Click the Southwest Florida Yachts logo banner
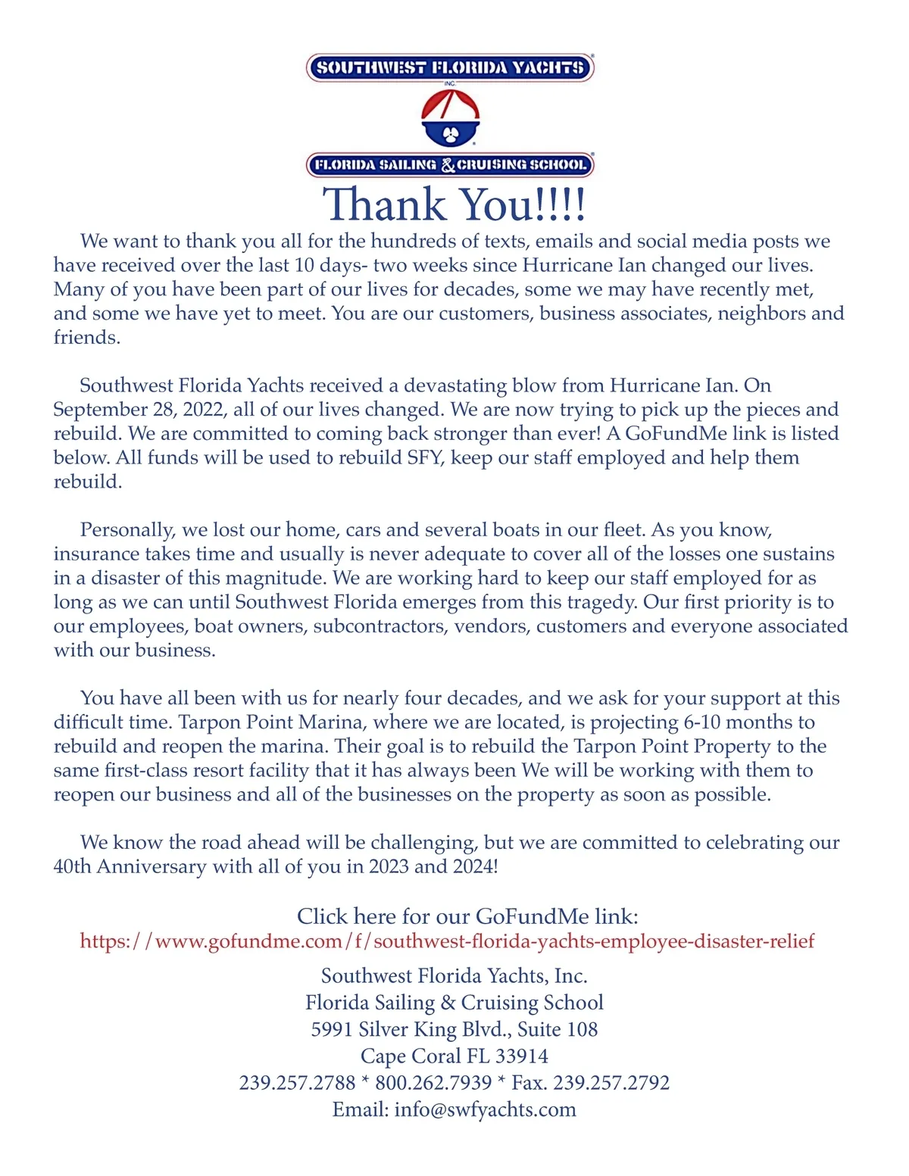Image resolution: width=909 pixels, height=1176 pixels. point(450,68)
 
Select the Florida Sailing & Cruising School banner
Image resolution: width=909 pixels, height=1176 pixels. point(450,164)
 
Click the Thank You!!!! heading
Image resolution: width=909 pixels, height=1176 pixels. point(454,204)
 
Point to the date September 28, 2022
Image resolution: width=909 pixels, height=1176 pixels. point(139,410)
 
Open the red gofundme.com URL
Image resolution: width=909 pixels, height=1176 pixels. point(447,941)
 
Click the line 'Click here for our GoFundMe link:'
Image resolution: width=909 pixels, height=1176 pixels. point(467,916)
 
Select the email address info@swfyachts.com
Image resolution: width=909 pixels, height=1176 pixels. point(485,1109)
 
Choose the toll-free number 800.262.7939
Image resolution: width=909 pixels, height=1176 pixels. point(433,1083)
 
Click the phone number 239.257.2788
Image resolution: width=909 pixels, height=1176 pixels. point(297,1083)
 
